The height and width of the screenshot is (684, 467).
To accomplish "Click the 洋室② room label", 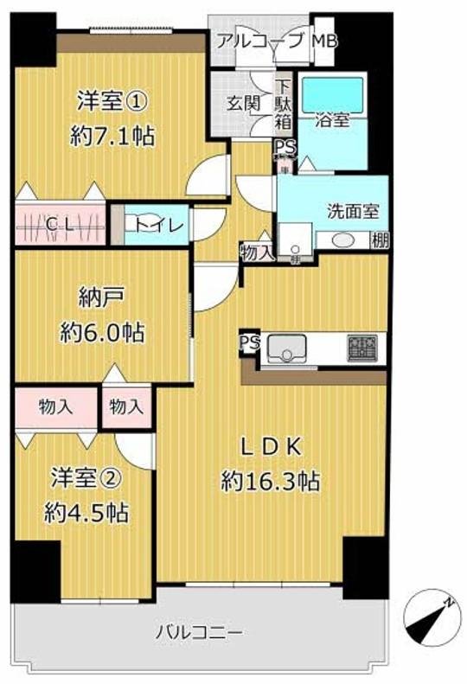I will click(86, 477).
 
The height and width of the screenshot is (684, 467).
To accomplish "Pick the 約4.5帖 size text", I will click(86, 512).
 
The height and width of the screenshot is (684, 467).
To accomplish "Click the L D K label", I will click(272, 446).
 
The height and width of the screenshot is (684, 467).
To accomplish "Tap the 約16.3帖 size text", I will click(272, 481).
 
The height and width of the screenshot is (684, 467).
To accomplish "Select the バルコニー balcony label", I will click(199, 631).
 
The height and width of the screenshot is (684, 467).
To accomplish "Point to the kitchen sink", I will click(286, 349).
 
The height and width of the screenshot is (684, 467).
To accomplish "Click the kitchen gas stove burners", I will click(361, 348).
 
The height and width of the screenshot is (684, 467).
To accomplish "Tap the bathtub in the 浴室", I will click(329, 95).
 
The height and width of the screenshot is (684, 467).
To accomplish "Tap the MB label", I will click(323, 41).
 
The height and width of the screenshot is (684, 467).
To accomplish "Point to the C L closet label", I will click(60, 226).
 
